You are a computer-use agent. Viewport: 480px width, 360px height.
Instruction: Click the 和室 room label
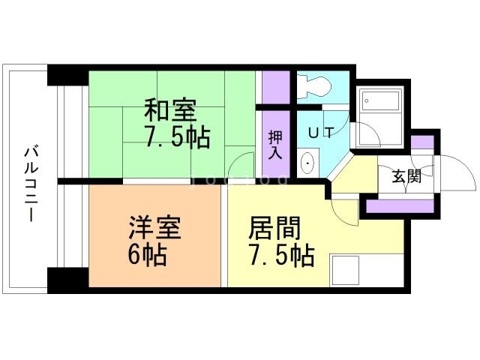click(170, 110)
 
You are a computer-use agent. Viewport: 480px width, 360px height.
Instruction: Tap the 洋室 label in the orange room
click(155, 228)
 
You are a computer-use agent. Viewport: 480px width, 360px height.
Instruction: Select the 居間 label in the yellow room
click(274, 228)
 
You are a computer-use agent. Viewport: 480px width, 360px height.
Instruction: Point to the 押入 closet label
click(275, 145)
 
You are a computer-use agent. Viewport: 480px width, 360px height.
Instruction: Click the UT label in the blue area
click(321, 133)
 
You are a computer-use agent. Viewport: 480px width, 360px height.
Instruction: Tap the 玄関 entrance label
click(406, 176)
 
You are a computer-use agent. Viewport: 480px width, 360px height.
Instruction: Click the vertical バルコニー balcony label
click(31, 184)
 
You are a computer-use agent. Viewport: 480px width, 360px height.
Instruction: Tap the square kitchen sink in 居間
click(345, 270)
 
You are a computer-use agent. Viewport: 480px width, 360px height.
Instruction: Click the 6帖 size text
click(148, 254)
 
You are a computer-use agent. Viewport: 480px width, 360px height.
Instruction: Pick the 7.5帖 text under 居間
click(282, 254)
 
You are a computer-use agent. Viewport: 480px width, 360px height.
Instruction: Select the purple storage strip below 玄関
click(400, 206)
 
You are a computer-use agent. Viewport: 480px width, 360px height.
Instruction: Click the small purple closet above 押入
click(276, 87)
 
